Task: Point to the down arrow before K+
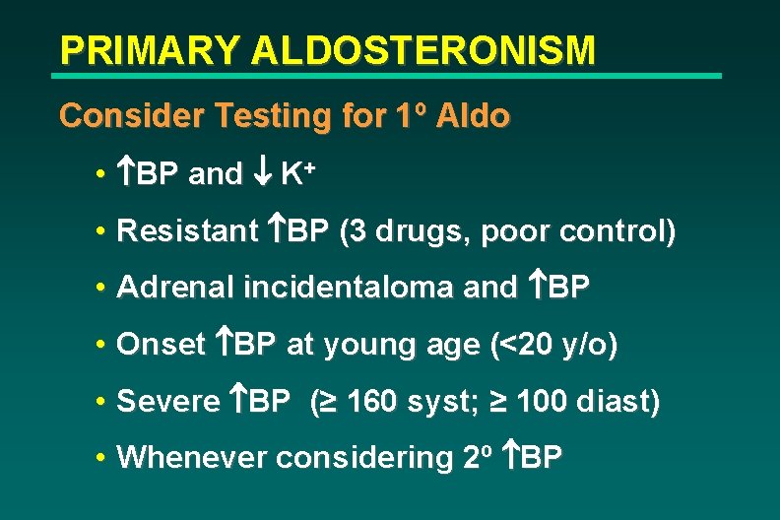pos(264,175)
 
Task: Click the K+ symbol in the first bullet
pos(296,174)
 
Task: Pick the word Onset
pos(160,345)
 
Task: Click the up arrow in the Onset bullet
pos(223,345)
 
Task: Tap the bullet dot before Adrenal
pos(102,289)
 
